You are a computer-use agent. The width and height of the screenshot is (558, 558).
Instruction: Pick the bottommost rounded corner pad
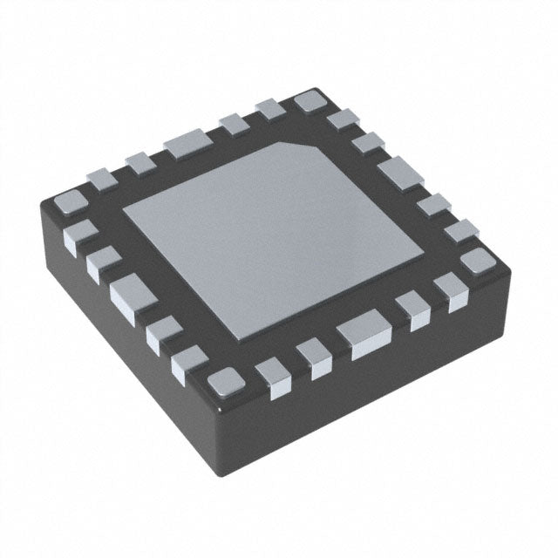[224, 382]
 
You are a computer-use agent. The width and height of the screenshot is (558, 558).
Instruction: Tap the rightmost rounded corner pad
[476, 260]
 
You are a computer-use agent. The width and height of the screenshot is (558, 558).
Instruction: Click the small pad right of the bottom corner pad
[274, 379]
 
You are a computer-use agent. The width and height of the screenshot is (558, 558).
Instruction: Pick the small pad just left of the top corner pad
[269, 110]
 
